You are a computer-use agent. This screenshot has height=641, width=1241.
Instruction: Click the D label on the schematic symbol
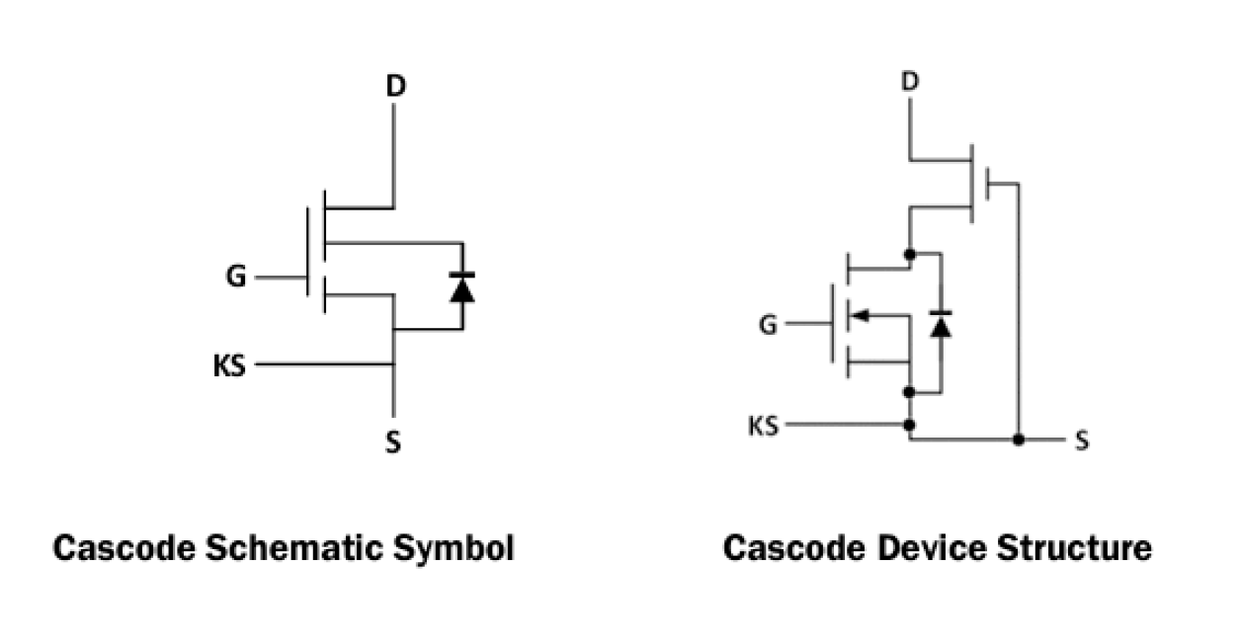395,87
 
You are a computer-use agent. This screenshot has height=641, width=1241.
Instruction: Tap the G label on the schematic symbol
235,278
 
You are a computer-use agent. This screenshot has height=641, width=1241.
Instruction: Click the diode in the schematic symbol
460,286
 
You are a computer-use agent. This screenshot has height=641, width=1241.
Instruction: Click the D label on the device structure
910,81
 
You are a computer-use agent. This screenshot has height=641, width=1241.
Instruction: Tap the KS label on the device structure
763,426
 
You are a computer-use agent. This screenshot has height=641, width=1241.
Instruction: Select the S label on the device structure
1081,441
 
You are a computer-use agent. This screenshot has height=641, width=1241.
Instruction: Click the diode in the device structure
941,324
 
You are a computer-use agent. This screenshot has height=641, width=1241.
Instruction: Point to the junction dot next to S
1019,439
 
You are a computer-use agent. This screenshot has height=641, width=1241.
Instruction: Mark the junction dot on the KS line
909,426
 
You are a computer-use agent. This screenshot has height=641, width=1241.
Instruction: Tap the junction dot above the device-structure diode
909,254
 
